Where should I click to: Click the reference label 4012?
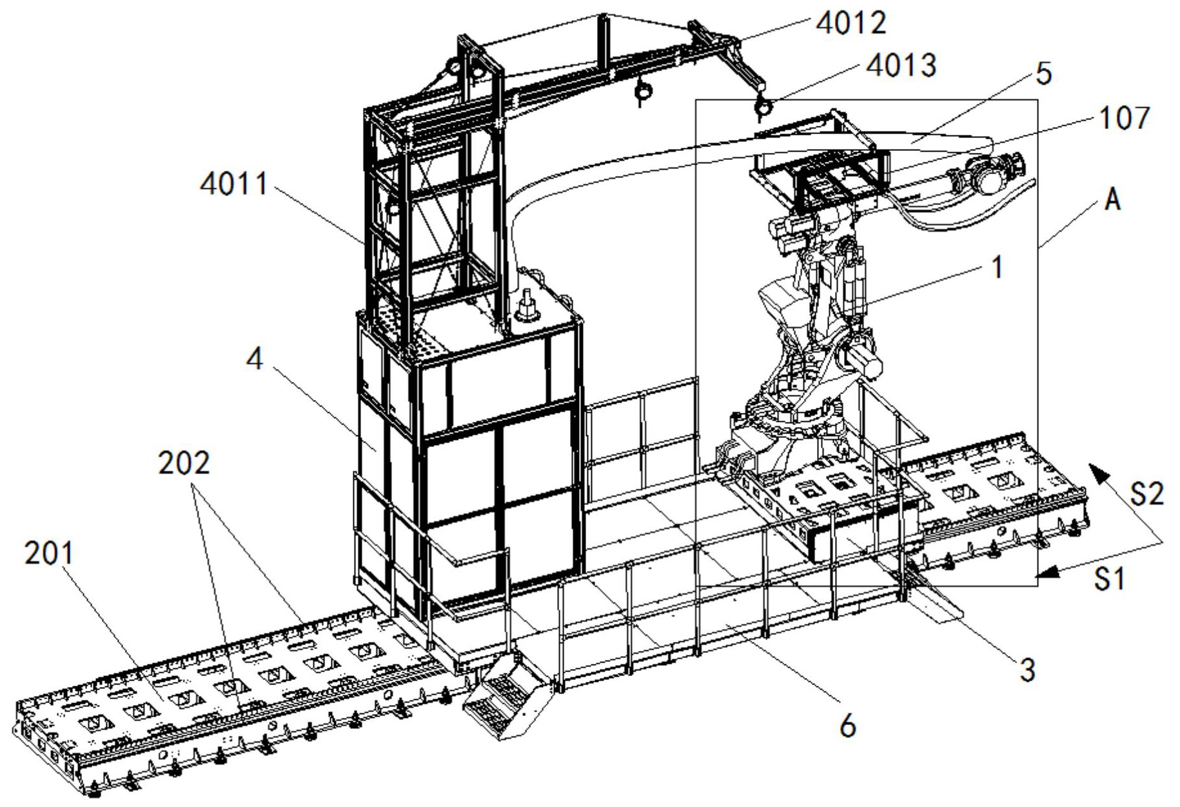[x=851, y=23]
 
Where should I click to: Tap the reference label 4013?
[x=901, y=65]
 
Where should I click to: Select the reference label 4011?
[x=234, y=184]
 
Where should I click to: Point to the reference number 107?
[x=1125, y=118]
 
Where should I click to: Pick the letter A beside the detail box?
[x=1112, y=200]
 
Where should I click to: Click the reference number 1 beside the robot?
[x=997, y=267]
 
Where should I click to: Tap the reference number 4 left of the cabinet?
[x=255, y=359]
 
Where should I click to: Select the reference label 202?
[x=184, y=463]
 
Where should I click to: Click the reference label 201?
[x=49, y=553]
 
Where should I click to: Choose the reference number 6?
[x=848, y=726]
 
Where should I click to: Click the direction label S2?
[x=1146, y=493]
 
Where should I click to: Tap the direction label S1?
[x=1110, y=579]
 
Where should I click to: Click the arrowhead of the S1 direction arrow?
[x=1048, y=572]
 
